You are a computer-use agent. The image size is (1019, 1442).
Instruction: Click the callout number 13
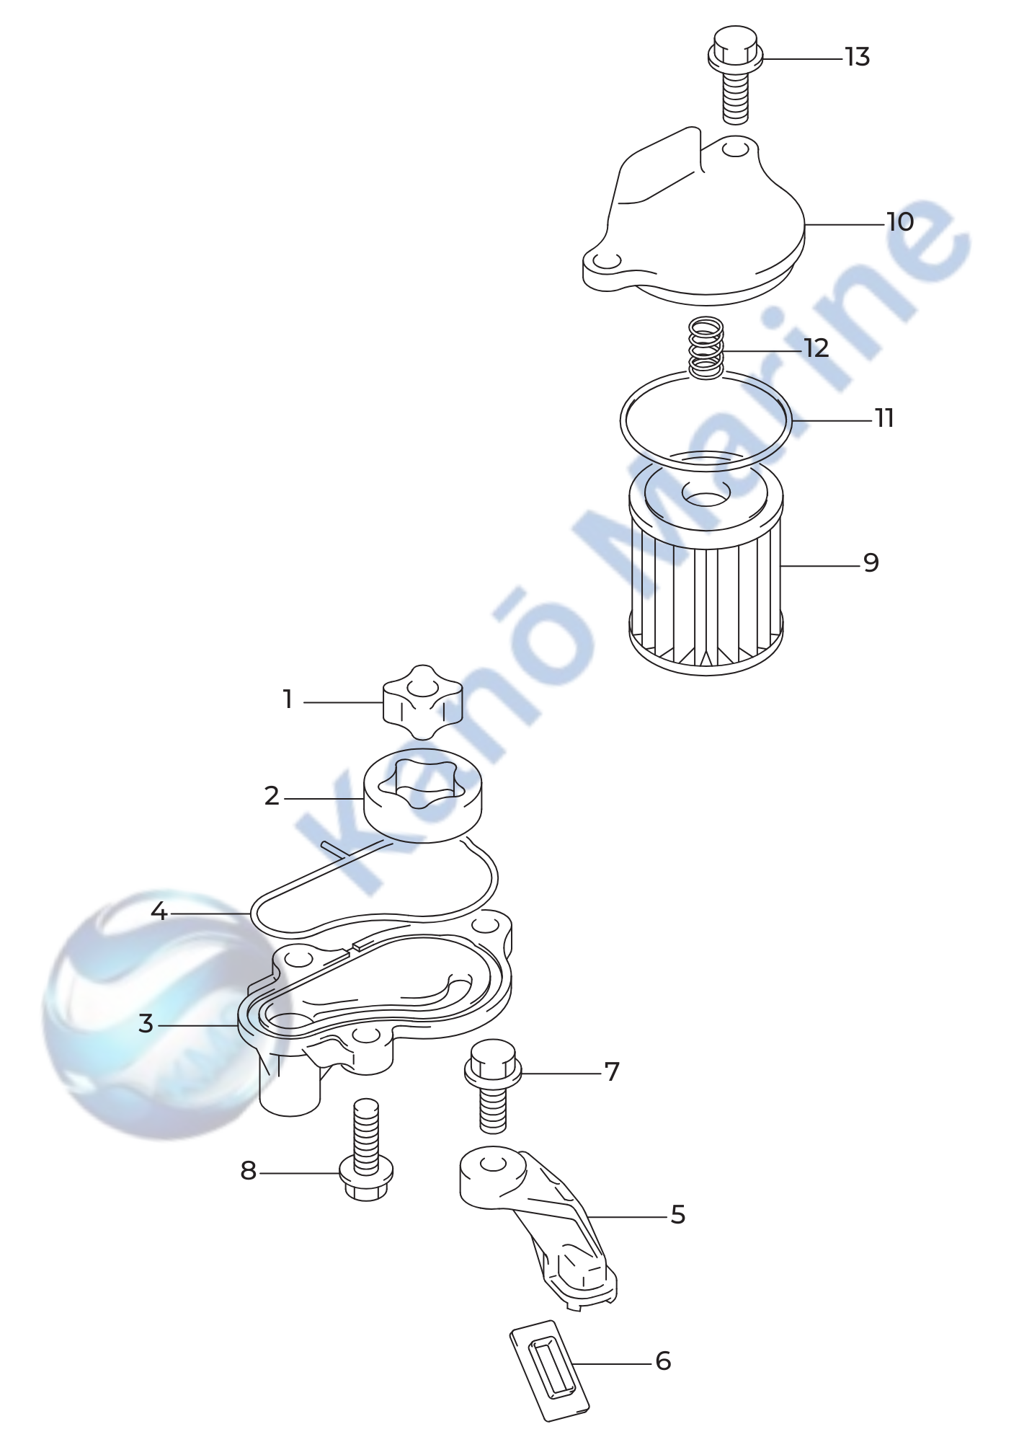click(x=857, y=57)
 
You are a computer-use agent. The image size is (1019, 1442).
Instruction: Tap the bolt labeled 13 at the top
click(x=734, y=74)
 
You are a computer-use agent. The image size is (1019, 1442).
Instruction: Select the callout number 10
click(x=899, y=222)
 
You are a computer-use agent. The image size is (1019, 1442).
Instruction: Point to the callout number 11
click(x=884, y=418)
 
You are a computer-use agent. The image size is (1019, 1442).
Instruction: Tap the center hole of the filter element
click(x=706, y=495)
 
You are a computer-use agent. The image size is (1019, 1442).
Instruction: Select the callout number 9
click(x=871, y=562)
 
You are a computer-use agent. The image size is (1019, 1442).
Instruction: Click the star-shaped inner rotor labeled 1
click(x=422, y=702)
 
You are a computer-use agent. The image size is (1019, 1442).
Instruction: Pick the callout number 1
click(x=288, y=699)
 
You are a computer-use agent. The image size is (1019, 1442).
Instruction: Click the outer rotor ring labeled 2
click(x=423, y=795)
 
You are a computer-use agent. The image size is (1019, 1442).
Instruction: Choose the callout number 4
click(x=159, y=912)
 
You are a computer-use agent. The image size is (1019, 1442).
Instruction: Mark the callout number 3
click(x=146, y=1023)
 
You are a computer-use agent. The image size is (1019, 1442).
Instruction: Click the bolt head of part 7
click(x=493, y=1063)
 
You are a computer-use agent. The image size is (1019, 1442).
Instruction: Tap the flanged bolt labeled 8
click(x=366, y=1150)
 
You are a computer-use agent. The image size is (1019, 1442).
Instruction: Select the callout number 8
click(x=248, y=1170)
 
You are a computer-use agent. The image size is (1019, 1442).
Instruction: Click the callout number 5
click(x=677, y=1215)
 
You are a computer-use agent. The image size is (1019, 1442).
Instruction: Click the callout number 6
click(x=663, y=1361)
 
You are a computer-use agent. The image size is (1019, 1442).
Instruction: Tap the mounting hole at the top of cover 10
click(x=735, y=150)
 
